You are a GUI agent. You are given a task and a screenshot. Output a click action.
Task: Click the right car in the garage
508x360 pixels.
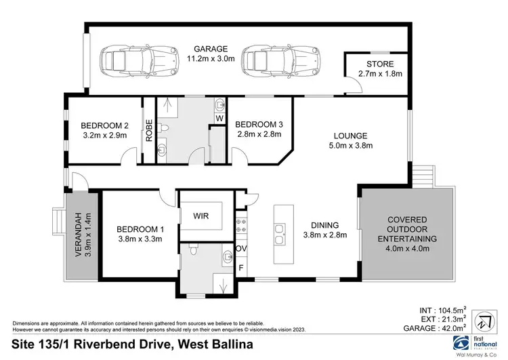(266, 60)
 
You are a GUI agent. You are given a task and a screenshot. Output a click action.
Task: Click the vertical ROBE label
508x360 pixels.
(148, 131)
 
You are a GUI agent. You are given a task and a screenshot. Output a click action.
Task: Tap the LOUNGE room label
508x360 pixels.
(351, 140)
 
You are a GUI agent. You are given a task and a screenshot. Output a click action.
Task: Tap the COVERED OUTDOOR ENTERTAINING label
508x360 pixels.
(406, 234)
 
